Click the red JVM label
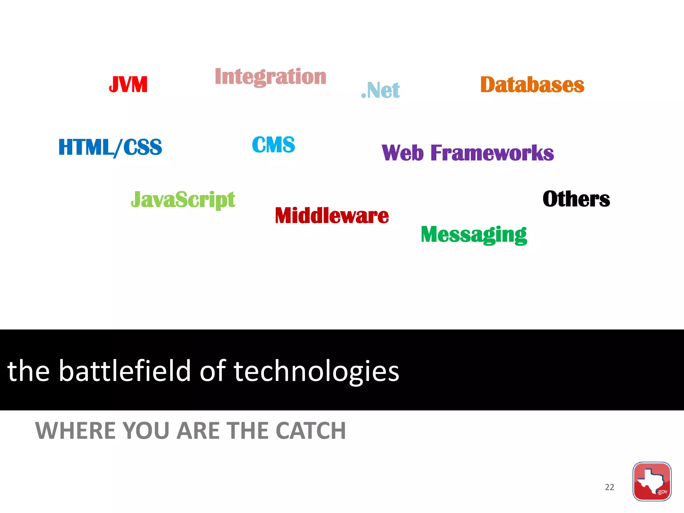pos(128,84)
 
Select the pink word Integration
pos(271,76)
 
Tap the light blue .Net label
pos(381,90)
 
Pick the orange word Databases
pos(532,84)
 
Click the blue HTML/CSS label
pos(110,147)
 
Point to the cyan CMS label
pos(274,145)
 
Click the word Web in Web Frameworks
pos(403,153)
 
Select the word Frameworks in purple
pos(492,153)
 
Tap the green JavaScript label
pos(183,200)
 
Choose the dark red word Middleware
pos(332,215)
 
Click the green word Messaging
pos(474,234)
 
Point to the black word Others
pos(576,199)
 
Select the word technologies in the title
pos(316,371)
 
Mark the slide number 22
pos(610,487)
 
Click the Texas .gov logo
pos(652,481)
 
